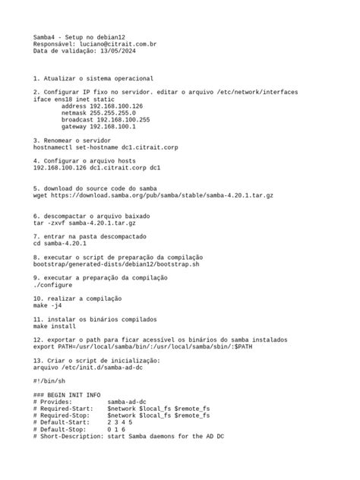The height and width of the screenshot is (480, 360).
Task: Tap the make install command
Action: coord(54,326)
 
